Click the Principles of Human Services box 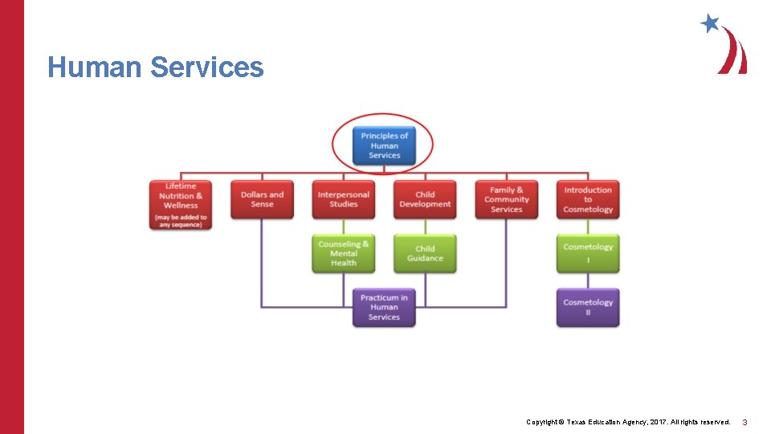click(384, 145)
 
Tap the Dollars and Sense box click(262, 199)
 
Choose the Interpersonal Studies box click(343, 199)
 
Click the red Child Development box click(425, 199)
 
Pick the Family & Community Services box click(506, 199)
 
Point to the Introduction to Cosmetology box click(588, 199)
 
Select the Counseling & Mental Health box click(343, 253)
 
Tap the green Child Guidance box click(425, 253)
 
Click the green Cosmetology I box click(588, 253)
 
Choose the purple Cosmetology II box click(588, 307)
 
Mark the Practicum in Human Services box click(384, 307)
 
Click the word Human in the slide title click(95, 68)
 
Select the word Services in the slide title click(206, 68)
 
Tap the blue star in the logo click(710, 23)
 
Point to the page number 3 click(744, 422)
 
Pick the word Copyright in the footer click(543, 422)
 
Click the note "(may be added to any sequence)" click(181, 220)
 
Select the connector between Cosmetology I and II click(588, 280)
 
